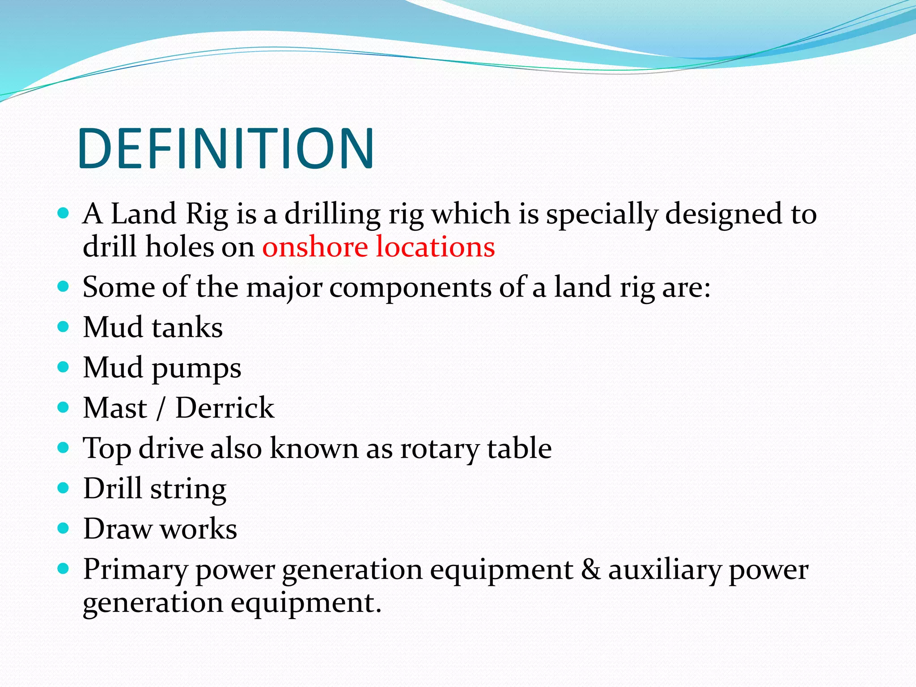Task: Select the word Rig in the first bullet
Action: (x=207, y=214)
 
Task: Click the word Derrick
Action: (x=225, y=407)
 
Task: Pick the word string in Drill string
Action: (x=188, y=489)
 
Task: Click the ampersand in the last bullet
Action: (x=591, y=569)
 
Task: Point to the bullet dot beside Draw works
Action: (x=64, y=528)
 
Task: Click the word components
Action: (x=410, y=288)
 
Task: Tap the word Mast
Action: (x=115, y=407)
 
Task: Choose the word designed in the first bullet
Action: (x=724, y=215)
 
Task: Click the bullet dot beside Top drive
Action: (x=64, y=447)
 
